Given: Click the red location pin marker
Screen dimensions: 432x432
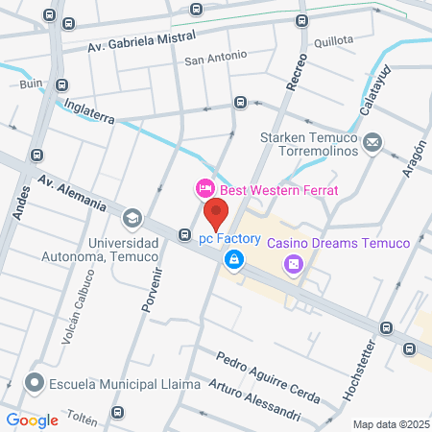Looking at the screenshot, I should coord(216,213).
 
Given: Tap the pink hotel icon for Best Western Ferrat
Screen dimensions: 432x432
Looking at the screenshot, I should coord(204,186).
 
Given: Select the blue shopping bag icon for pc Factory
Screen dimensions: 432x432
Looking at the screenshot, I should coord(233,258).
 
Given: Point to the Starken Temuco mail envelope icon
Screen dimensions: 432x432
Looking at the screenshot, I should coord(372,144).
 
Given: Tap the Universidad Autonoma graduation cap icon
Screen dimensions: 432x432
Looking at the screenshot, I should coord(132,217).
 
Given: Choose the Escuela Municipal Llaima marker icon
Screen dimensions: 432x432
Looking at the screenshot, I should coord(36,383).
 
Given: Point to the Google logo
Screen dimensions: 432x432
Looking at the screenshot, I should coord(33,420).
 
